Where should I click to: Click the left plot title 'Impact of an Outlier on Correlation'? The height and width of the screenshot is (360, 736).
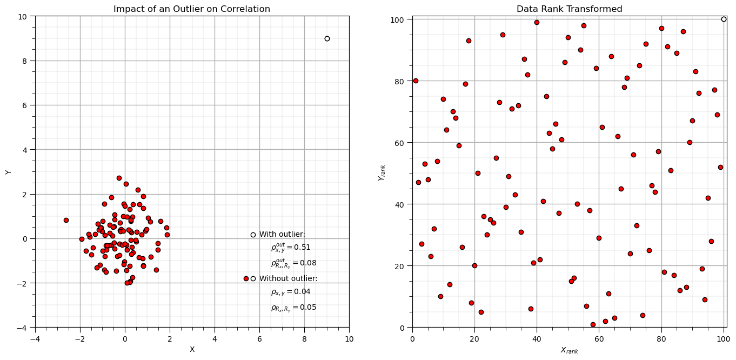(192, 9)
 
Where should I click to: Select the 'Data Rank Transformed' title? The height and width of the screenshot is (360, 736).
(569, 9)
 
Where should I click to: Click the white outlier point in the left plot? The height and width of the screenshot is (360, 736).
(327, 38)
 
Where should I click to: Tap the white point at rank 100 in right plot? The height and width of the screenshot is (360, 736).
(724, 19)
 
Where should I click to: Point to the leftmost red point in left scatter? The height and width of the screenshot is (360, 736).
(66, 220)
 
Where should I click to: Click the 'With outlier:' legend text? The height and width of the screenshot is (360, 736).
(282, 235)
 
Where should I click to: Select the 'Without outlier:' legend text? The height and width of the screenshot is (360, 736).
(288, 279)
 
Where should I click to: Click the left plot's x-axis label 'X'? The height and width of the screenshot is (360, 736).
(192, 350)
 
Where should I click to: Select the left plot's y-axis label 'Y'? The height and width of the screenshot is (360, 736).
(8, 172)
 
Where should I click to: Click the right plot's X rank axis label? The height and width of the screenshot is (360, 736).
(569, 351)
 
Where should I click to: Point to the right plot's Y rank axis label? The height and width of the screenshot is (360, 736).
(382, 172)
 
